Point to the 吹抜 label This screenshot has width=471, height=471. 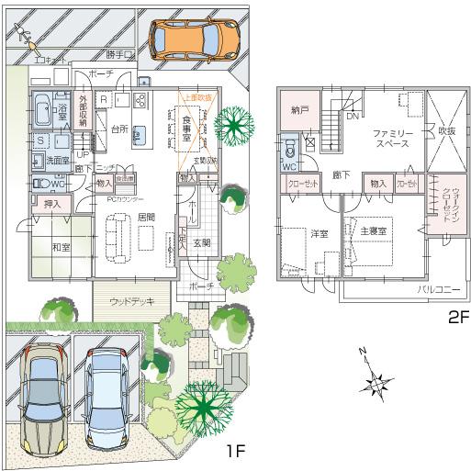pyautogui.click(x=447, y=131)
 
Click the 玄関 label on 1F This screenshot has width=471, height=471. pyautogui.click(x=202, y=242)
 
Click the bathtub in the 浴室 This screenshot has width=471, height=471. pyautogui.click(x=42, y=113)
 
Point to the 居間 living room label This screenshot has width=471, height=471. pyautogui.click(x=145, y=216)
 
